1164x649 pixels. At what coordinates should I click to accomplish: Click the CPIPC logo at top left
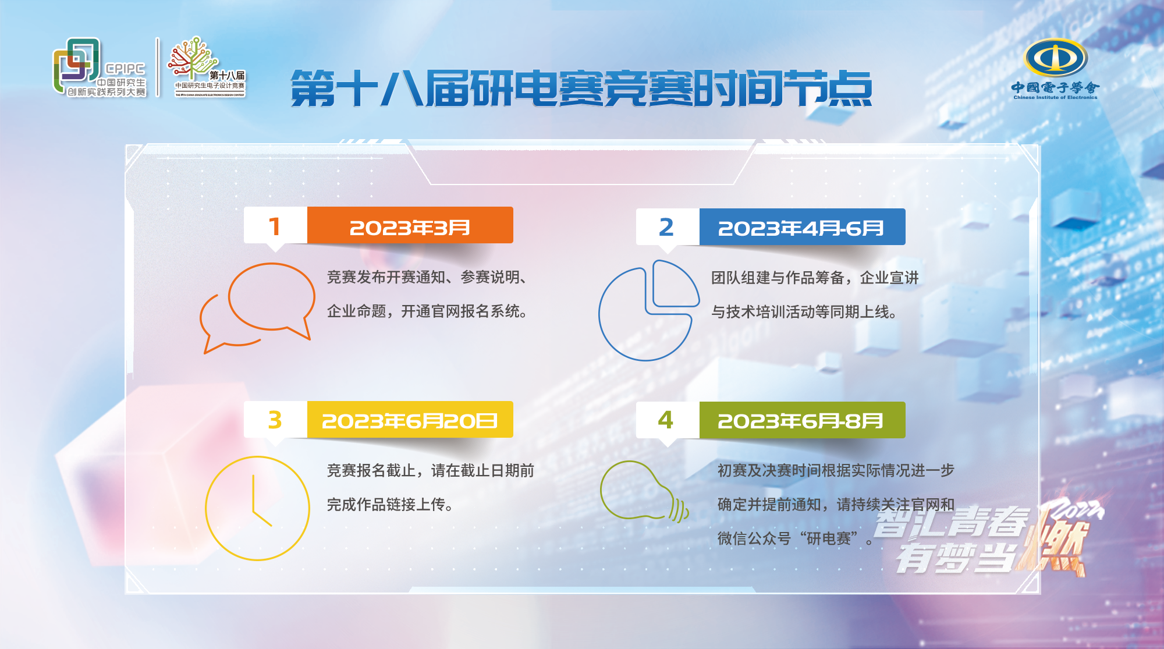[x=99, y=68]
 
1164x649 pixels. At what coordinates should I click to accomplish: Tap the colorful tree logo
[x=207, y=66]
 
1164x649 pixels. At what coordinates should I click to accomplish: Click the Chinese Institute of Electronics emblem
[x=1055, y=69]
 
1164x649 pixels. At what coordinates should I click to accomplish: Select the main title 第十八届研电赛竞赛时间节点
[x=581, y=88]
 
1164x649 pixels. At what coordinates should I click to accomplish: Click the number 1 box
[x=275, y=225]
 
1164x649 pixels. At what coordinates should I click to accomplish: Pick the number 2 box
[x=668, y=227]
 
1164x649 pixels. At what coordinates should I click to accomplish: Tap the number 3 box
[x=275, y=420]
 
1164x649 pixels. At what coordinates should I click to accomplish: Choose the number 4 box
[x=668, y=420]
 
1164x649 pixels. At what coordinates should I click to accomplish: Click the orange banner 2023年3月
[x=410, y=225]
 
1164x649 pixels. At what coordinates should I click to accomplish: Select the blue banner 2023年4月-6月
[x=803, y=227]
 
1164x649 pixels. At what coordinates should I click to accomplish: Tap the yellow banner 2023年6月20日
[x=410, y=420]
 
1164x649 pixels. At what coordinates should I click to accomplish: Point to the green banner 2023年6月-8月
[x=803, y=420]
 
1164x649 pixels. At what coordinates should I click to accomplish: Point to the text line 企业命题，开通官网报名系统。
[x=428, y=311]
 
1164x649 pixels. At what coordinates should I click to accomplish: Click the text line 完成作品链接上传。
[x=391, y=505]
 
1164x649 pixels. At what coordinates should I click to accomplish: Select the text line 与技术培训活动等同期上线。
[x=805, y=312]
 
